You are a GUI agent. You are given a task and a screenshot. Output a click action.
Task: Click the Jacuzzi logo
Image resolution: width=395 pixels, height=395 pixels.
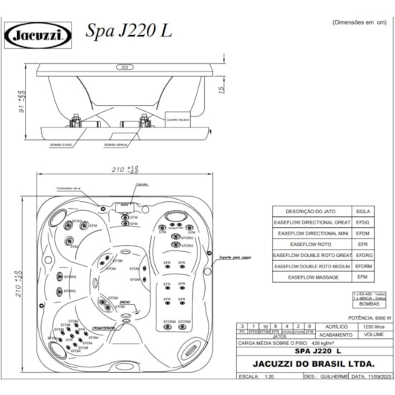[x=39, y=34]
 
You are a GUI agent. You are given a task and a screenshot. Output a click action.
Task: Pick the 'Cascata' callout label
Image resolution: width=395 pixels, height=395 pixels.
[x=142, y=183]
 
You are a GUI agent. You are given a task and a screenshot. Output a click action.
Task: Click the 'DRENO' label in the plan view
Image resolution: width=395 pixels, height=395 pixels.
[x=125, y=302]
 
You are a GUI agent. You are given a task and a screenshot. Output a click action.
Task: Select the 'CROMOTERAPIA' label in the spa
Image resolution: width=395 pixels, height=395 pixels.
[x=104, y=326]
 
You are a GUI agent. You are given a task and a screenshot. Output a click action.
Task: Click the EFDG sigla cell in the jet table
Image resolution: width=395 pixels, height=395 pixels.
[x=364, y=221]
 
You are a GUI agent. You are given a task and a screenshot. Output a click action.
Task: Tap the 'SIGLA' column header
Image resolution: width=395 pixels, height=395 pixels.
[x=364, y=211]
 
